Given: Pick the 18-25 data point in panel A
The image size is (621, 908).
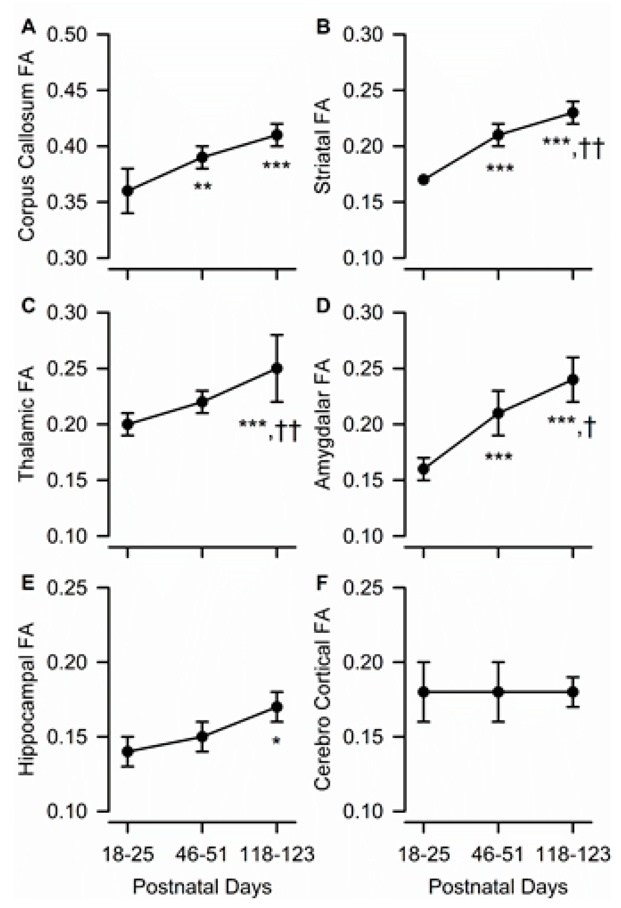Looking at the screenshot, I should [127, 191].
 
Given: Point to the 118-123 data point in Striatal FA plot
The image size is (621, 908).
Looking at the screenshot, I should [573, 113].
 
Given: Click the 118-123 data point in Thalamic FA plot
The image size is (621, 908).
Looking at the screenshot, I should [277, 369].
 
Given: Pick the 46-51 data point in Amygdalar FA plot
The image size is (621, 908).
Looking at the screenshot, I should [498, 413].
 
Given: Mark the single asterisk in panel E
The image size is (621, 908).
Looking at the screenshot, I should [276, 741].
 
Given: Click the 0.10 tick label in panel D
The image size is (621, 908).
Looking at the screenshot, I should [363, 536].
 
